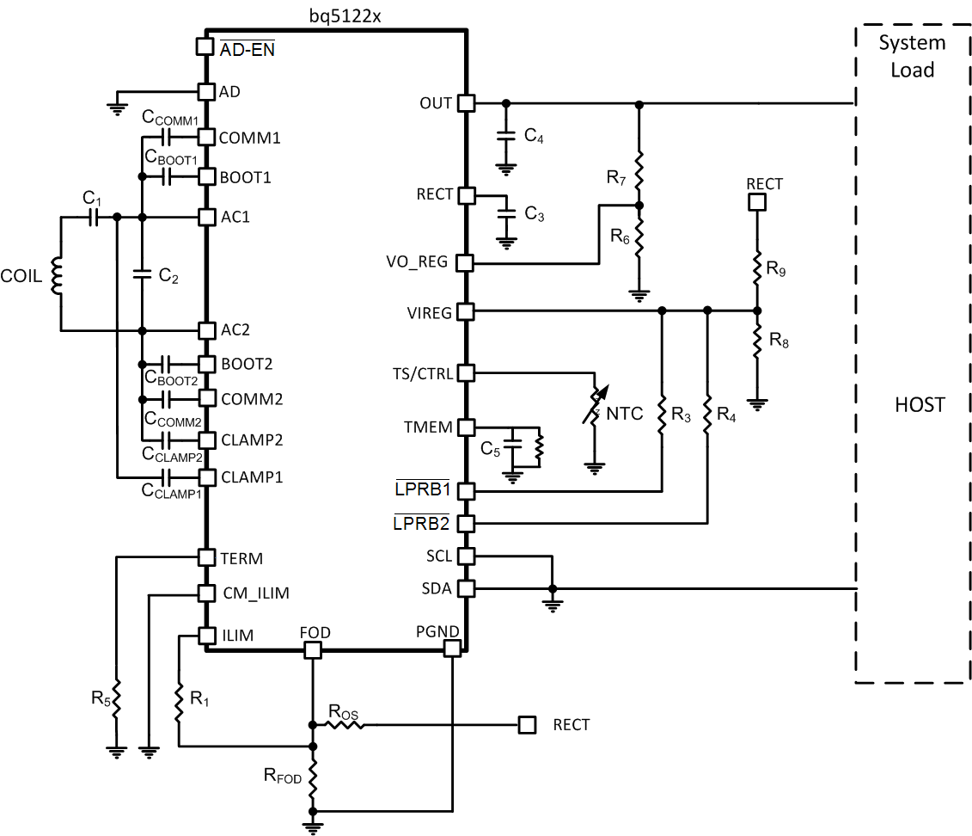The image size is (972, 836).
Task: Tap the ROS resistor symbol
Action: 346,725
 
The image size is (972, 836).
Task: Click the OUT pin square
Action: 465,103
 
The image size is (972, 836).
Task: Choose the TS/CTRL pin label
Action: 421,373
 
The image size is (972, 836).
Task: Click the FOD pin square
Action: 313,649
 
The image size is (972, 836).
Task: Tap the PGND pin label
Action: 437,631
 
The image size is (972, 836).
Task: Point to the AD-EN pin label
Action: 247,49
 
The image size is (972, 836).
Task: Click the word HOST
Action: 920,404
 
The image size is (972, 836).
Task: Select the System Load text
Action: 912,56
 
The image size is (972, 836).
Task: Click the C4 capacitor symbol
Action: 507,136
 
